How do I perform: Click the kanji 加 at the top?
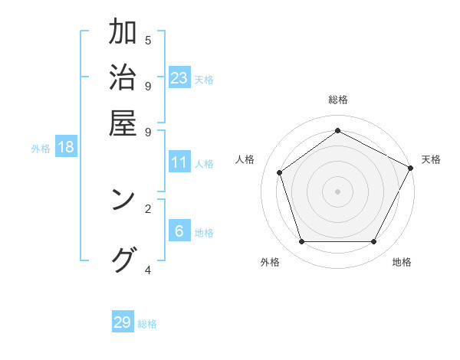[x=123, y=33]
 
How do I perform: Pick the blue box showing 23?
[x=179, y=78]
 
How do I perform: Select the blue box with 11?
[x=179, y=162]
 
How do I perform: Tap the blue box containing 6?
[x=179, y=231]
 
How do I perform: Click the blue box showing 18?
[x=66, y=147]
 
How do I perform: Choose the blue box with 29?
[x=123, y=322]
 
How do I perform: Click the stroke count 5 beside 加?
[x=147, y=40]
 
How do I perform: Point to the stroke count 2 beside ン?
[x=147, y=208]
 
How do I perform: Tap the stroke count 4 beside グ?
[x=147, y=270]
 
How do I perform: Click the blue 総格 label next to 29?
[x=147, y=324]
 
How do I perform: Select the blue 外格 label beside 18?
[x=41, y=149]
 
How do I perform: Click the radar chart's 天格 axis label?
[x=431, y=159]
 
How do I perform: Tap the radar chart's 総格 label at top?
[x=337, y=100]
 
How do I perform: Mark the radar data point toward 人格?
[x=280, y=172]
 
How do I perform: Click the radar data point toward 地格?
[x=373, y=241]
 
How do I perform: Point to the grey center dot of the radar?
[x=337, y=191]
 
